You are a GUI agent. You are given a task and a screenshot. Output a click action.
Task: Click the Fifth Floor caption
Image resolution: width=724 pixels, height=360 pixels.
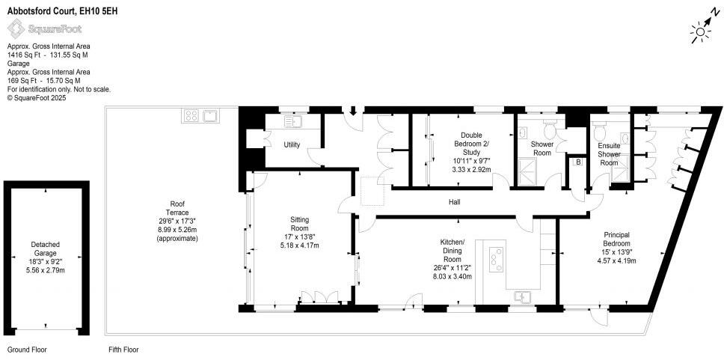point(123,350)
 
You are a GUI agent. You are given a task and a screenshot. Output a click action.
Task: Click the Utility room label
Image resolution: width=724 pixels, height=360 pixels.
point(292,144)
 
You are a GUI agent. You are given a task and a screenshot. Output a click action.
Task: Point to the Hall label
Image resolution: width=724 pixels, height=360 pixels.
point(454,202)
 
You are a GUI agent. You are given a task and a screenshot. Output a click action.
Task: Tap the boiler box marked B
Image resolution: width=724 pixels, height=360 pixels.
point(577,162)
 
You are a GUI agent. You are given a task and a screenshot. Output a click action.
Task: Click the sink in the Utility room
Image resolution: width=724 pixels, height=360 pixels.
point(292,121)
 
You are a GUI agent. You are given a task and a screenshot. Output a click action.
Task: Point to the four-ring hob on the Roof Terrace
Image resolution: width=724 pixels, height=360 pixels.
point(191,116)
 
